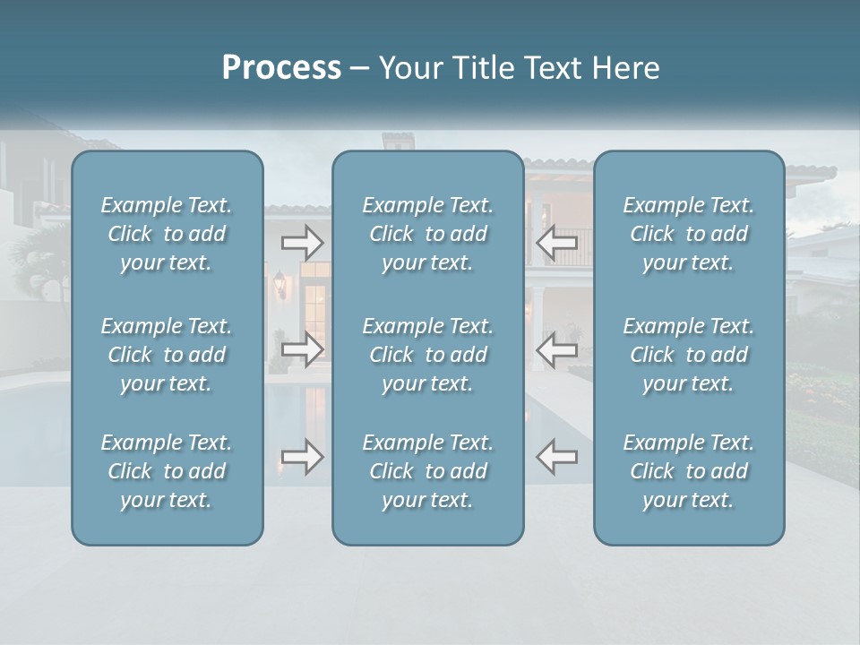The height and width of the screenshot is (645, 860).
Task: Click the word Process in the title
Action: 281,68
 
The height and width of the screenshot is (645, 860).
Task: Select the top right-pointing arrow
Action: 303,242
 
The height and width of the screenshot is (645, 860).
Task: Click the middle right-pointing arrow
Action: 303,349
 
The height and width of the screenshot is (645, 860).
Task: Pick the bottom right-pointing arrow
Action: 303,457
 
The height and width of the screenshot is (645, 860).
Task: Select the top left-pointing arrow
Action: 556,242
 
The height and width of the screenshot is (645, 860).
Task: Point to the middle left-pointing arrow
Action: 556,349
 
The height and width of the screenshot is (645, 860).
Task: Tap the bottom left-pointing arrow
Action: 556,457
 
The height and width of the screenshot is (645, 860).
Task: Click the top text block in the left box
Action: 167,234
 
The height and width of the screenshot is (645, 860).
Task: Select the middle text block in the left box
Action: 167,355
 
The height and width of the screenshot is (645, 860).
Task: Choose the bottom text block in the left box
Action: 167,471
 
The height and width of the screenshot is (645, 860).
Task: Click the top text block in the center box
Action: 428,234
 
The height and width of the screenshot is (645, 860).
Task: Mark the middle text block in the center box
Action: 428,355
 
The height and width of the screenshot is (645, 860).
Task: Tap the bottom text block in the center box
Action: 428,471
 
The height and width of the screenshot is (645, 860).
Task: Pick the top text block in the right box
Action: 689,234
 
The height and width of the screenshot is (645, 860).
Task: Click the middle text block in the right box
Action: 689,355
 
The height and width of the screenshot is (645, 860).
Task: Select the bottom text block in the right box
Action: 689,471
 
